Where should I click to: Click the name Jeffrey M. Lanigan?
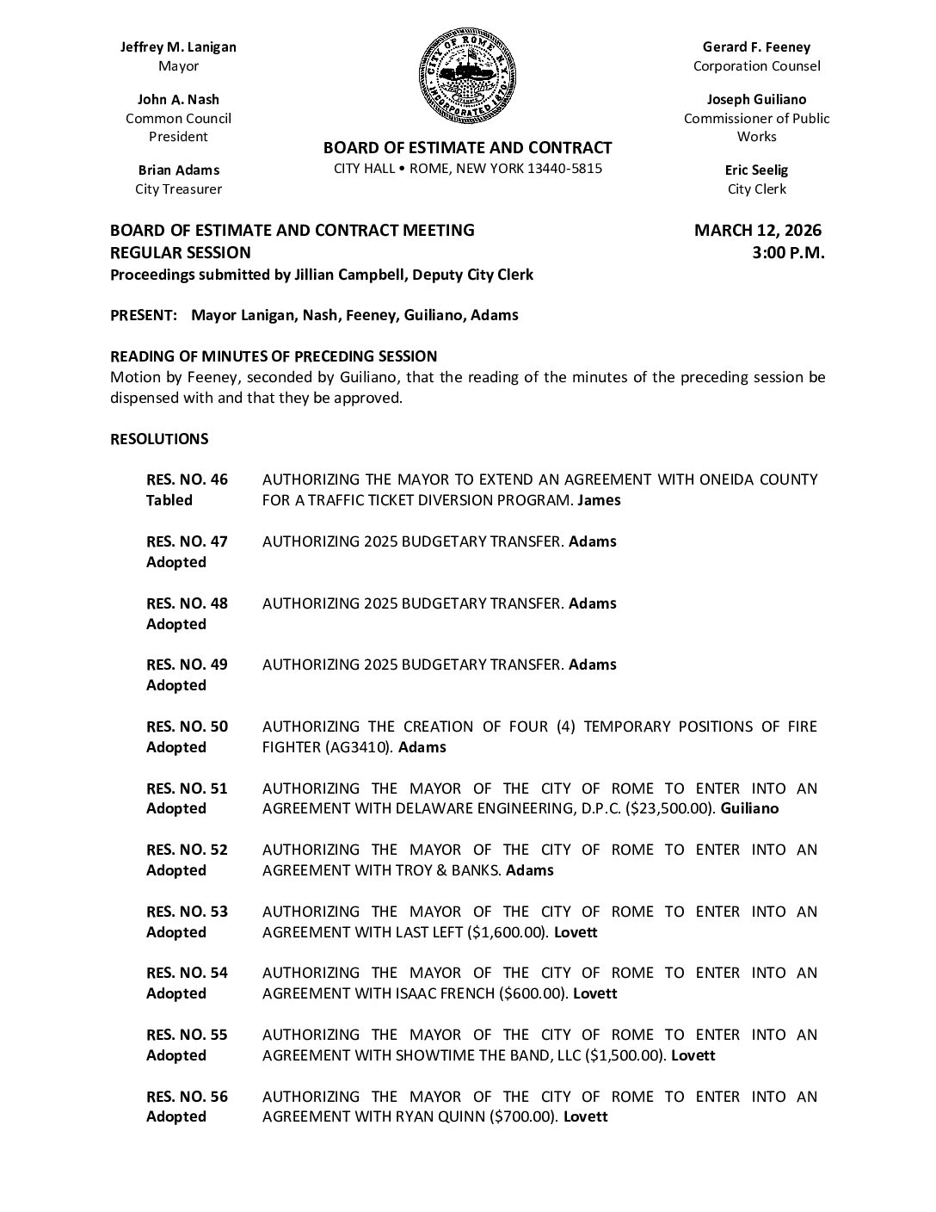[x=178, y=47]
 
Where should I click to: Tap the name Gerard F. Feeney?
[x=756, y=47]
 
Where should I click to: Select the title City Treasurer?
[x=178, y=189]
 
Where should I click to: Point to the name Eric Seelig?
[x=756, y=170]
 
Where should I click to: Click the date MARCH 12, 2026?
[x=757, y=231]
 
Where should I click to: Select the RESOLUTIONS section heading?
[x=159, y=439]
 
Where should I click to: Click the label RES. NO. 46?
[x=187, y=479]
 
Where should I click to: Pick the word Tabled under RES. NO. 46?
[x=169, y=500]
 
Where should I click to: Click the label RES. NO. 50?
[x=187, y=727]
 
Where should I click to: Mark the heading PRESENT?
[x=144, y=315]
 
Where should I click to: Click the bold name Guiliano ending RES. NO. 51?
[x=749, y=808]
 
